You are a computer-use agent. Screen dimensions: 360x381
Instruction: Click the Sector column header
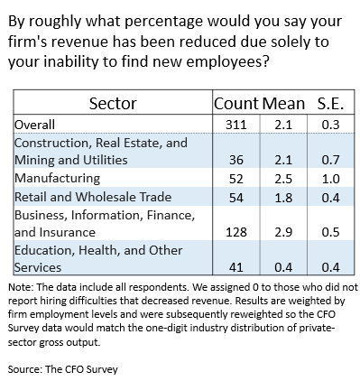[113, 103]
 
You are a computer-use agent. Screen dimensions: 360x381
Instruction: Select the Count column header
[236, 103]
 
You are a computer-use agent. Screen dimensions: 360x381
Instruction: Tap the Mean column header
[283, 103]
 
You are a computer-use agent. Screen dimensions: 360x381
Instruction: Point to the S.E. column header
[330, 103]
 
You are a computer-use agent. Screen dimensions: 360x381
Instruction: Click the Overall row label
[34, 125]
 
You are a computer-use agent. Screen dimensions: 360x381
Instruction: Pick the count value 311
[236, 125]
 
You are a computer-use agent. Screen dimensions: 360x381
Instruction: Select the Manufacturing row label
[57, 178]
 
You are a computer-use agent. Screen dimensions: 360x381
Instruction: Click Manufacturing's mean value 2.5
[283, 179]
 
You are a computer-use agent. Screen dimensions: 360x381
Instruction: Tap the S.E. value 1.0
[330, 179]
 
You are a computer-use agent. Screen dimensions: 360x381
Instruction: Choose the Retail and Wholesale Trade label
[93, 197]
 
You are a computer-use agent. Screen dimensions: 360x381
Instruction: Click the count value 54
[236, 198]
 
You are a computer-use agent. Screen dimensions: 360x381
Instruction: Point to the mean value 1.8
[283, 198]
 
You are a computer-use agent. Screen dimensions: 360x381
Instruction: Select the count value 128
[236, 232]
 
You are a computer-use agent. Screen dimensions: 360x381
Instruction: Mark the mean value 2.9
[283, 232]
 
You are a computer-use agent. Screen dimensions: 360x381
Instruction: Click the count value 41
[236, 267]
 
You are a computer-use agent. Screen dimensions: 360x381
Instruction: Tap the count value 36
[236, 160]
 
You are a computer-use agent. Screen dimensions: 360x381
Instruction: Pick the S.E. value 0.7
[330, 160]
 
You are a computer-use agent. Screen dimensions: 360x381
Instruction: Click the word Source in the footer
[25, 369]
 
